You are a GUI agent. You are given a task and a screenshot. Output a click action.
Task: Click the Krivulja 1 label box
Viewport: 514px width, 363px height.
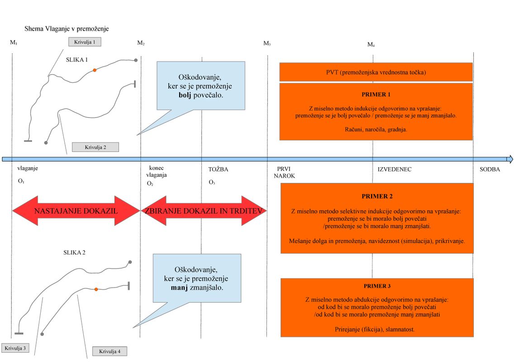point(85,42)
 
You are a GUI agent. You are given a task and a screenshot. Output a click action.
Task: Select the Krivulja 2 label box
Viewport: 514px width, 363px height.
point(95,147)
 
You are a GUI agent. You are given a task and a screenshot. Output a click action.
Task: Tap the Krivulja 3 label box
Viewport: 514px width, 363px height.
point(15,348)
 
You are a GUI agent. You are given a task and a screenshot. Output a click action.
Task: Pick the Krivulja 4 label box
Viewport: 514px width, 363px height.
point(109,351)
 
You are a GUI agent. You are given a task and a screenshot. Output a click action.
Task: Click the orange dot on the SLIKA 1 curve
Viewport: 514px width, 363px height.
point(95,70)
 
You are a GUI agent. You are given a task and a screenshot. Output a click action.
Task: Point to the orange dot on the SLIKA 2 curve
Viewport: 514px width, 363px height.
point(96,289)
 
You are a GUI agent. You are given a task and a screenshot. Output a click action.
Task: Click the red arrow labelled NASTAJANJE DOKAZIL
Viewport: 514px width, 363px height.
point(76,211)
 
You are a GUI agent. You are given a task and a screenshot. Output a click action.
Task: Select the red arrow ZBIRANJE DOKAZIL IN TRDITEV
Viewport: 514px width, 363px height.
point(204,211)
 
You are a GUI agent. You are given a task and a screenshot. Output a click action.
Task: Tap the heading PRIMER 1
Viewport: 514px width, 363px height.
point(376,94)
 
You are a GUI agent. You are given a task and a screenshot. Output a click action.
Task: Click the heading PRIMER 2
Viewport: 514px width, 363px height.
point(377,196)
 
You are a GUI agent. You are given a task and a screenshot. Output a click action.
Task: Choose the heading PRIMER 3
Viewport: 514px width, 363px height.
point(377,286)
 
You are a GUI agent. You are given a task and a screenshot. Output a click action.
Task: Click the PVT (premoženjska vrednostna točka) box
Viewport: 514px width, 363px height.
point(376,72)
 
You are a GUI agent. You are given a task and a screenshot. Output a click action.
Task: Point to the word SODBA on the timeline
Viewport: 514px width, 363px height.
point(490,170)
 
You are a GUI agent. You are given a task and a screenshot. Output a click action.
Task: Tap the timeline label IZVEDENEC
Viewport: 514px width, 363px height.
point(395,170)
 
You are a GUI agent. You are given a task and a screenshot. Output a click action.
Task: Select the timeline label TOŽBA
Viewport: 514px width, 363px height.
point(219,170)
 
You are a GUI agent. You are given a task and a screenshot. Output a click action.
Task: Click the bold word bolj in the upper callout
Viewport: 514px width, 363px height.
point(185,95)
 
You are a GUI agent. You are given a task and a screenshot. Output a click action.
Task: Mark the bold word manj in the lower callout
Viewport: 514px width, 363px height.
point(179,288)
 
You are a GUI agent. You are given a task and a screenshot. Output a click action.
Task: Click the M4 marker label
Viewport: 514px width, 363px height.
point(371,44)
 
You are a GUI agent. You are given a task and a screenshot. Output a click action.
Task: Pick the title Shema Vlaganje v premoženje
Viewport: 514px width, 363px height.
point(67,29)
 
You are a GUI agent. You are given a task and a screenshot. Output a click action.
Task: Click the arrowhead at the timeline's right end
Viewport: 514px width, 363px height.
point(510,159)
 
